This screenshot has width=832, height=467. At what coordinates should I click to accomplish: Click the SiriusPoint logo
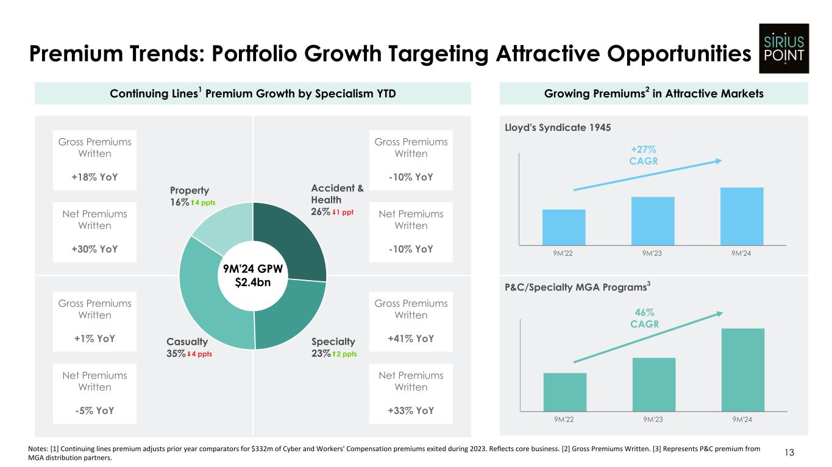(783, 48)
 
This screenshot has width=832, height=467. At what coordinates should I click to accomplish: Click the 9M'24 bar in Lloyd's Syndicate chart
(741, 216)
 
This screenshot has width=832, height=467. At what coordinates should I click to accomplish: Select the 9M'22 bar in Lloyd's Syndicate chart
(564, 226)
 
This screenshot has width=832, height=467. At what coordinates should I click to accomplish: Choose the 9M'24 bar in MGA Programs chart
(742, 370)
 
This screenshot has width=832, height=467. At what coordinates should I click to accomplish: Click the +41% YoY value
(410, 339)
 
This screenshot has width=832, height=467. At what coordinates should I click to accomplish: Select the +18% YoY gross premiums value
(94, 177)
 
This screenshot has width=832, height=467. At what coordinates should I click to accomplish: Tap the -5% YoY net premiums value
(94, 410)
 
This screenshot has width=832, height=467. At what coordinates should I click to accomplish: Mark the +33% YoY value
(410, 410)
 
